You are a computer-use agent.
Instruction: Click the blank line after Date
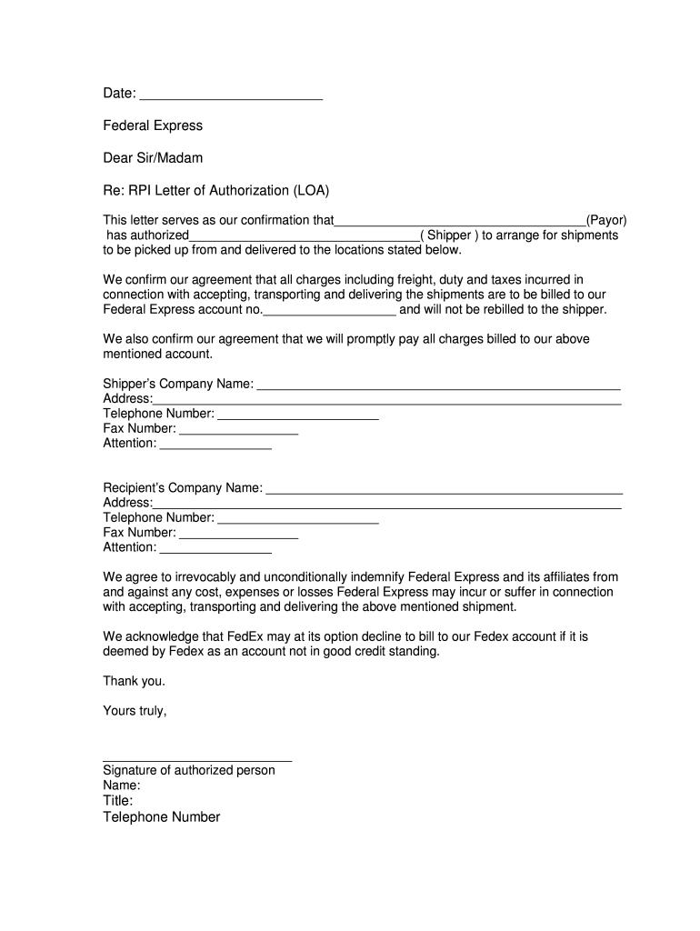(x=232, y=95)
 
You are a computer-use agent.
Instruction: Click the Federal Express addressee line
(x=153, y=125)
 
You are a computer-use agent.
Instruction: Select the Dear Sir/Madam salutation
(x=153, y=158)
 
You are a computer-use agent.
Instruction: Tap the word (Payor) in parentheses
(x=605, y=220)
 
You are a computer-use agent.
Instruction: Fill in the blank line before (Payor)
(x=460, y=222)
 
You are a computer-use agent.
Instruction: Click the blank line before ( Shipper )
(x=304, y=236)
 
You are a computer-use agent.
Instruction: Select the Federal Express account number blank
(x=329, y=311)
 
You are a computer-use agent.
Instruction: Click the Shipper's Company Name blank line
(x=438, y=385)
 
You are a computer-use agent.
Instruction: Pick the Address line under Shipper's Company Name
(x=387, y=400)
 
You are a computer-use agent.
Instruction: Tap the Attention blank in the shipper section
(x=215, y=445)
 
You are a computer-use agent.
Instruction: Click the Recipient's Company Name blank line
(x=444, y=489)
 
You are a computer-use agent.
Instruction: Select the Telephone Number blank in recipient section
(x=298, y=519)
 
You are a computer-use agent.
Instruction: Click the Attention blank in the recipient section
(x=215, y=549)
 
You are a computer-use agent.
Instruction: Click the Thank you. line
(x=135, y=681)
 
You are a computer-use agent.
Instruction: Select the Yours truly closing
(x=135, y=711)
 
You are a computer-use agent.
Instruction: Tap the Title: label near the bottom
(x=118, y=801)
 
